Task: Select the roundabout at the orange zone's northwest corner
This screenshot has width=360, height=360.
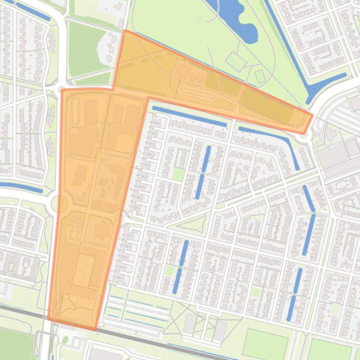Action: pos(62,89)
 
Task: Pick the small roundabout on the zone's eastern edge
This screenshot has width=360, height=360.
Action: pos(120,218)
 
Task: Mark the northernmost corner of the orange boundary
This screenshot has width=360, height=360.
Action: pos(124,31)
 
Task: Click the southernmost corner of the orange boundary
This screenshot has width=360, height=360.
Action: pos(96,329)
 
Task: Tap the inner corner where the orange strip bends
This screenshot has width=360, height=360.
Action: pos(148,98)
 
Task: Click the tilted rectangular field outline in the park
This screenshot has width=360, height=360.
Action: pos(235,61)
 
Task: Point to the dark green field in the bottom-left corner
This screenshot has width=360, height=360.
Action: pos(14,344)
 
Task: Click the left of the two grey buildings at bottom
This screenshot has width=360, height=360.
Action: pos(190,323)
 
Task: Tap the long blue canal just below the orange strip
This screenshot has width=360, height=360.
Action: pos(189,116)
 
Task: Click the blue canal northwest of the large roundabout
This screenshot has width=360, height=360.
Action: pos(21,187)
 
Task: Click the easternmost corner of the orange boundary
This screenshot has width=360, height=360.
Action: pos(312,114)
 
